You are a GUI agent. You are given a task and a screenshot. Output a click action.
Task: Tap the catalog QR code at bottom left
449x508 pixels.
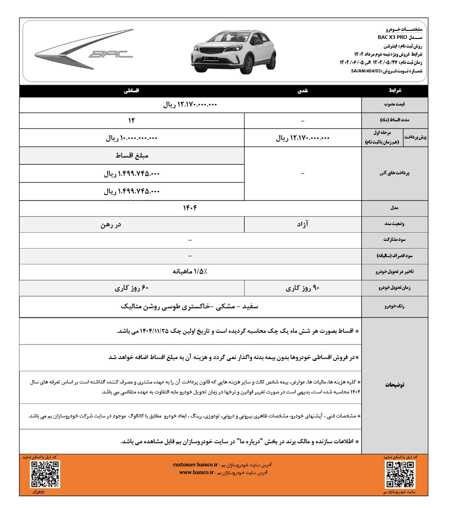45,474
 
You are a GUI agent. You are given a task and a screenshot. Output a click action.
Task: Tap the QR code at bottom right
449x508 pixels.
400,474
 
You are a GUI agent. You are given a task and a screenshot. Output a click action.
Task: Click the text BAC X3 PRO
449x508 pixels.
392,37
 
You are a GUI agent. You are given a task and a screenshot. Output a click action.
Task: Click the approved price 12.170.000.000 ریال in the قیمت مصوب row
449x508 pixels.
190,105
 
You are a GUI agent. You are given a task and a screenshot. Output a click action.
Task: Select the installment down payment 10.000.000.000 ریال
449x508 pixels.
131,138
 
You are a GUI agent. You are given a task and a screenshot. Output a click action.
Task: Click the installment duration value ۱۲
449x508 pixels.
131,121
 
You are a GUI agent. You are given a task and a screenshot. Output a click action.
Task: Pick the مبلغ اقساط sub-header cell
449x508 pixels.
131,156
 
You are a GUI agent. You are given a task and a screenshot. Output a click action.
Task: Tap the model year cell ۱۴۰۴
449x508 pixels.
190,208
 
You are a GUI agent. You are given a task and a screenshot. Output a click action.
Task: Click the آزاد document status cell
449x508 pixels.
303,224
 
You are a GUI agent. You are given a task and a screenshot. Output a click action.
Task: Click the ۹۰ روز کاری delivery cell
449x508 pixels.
303,288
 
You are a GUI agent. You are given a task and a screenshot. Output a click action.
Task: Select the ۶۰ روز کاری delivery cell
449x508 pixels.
132,288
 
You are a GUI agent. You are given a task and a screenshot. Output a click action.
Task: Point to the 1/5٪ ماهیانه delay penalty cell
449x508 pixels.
190,271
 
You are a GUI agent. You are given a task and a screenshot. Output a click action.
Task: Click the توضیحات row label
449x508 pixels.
394,384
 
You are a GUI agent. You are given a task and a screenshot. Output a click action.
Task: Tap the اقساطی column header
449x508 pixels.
132,91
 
